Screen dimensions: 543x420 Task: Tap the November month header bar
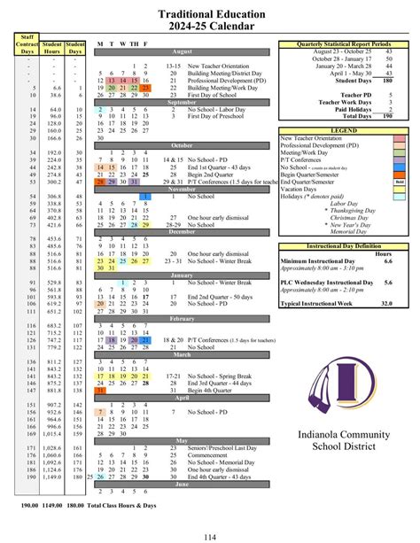pos(182,189)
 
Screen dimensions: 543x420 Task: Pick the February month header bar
pos(182,317)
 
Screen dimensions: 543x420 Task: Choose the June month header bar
pos(182,484)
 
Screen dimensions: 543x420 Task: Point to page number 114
pos(210,535)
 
